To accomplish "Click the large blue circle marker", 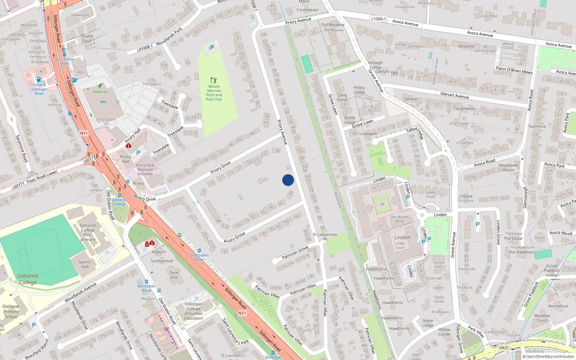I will point(288,180).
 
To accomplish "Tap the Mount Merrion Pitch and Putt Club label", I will point(214,93).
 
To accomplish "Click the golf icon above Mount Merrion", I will point(213,80).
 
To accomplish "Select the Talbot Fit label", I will point(100,92).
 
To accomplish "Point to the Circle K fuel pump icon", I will point(39,79).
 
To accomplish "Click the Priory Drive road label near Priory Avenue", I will point(221,167).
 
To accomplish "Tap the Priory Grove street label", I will point(234,238).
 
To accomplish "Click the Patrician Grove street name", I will point(295,252).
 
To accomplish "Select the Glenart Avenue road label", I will point(454,95).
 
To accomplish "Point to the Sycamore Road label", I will point(22,148).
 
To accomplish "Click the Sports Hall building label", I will point(85,264).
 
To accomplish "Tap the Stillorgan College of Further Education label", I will point(194,311).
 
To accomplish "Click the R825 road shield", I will point(504,348).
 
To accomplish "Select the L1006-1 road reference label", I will point(378,19).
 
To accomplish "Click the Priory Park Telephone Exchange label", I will point(145,170).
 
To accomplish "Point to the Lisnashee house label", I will point(465,143).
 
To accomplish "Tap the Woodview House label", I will point(508,167).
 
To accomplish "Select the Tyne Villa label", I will point(174,275).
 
